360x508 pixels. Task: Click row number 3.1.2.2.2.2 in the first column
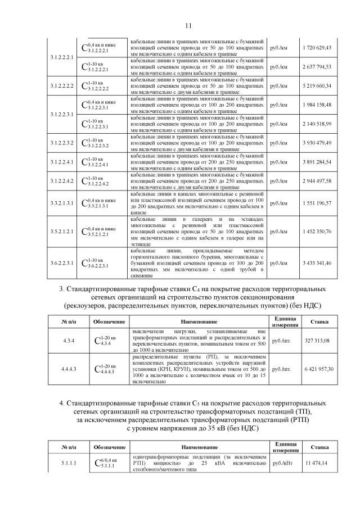click(62, 86)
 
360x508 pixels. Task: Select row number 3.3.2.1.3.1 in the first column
click(62, 202)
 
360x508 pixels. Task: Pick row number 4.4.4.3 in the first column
click(62, 369)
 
